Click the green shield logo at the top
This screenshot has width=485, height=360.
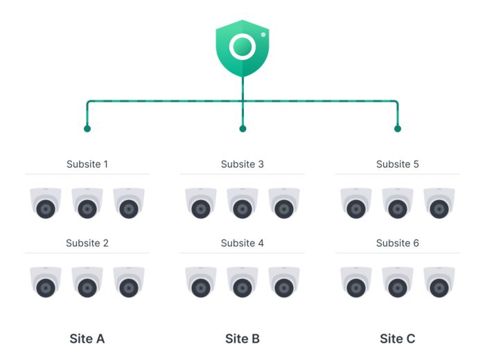pyautogui.click(x=242, y=48)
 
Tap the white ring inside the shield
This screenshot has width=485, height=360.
pyautogui.click(x=242, y=46)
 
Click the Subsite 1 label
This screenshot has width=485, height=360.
pyautogui.click(x=87, y=164)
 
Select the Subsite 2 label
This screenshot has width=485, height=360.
pyautogui.click(x=87, y=243)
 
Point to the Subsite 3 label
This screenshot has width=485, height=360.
pyautogui.click(x=242, y=164)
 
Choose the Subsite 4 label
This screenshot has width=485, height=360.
pyautogui.click(x=242, y=243)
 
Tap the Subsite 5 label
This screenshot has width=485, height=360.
pyautogui.click(x=398, y=164)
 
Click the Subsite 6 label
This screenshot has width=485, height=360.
pyautogui.click(x=398, y=243)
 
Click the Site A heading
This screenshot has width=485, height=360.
pyautogui.click(x=87, y=339)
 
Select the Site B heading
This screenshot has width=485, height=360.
pyautogui.click(x=242, y=339)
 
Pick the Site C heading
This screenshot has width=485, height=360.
pyautogui.click(x=398, y=339)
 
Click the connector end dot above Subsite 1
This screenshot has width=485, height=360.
pyautogui.click(x=87, y=128)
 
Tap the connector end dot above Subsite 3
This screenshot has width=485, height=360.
pyautogui.click(x=242, y=128)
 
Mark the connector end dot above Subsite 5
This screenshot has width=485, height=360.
pyautogui.click(x=398, y=128)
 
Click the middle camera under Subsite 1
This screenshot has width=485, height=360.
pyautogui.click(x=87, y=204)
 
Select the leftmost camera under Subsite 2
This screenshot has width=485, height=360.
pyautogui.click(x=46, y=282)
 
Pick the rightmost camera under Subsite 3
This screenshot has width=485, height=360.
pyautogui.click(x=284, y=204)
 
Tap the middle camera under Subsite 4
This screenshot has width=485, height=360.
pyautogui.click(x=242, y=282)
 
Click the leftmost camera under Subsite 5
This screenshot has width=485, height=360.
pyautogui.click(x=356, y=204)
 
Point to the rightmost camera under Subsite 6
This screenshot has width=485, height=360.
pyautogui.click(x=439, y=282)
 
